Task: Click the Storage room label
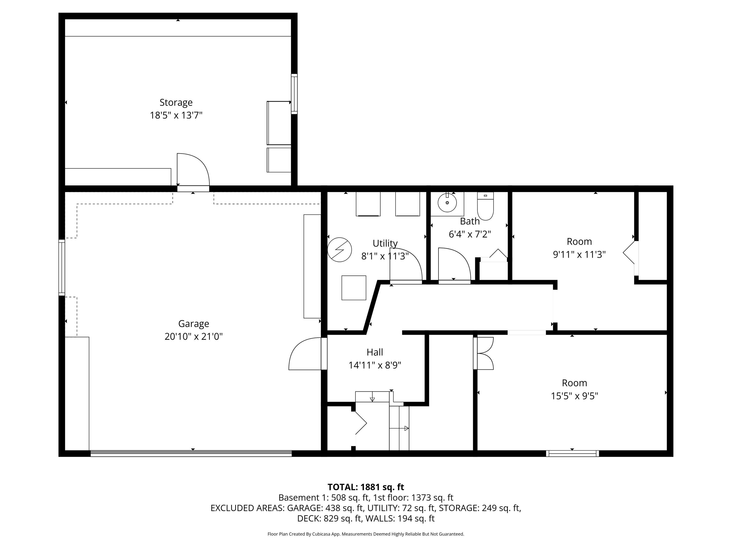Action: (x=176, y=102)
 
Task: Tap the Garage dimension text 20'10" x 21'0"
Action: (x=193, y=336)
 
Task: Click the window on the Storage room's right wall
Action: (x=294, y=94)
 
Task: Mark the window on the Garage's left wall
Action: (x=62, y=267)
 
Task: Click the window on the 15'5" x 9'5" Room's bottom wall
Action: (x=572, y=453)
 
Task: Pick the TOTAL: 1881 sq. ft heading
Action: (x=366, y=487)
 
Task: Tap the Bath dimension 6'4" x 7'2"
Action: (x=470, y=234)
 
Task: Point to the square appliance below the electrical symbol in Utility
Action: (x=354, y=288)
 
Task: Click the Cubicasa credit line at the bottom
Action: (x=366, y=534)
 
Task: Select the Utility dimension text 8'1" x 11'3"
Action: (x=385, y=256)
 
